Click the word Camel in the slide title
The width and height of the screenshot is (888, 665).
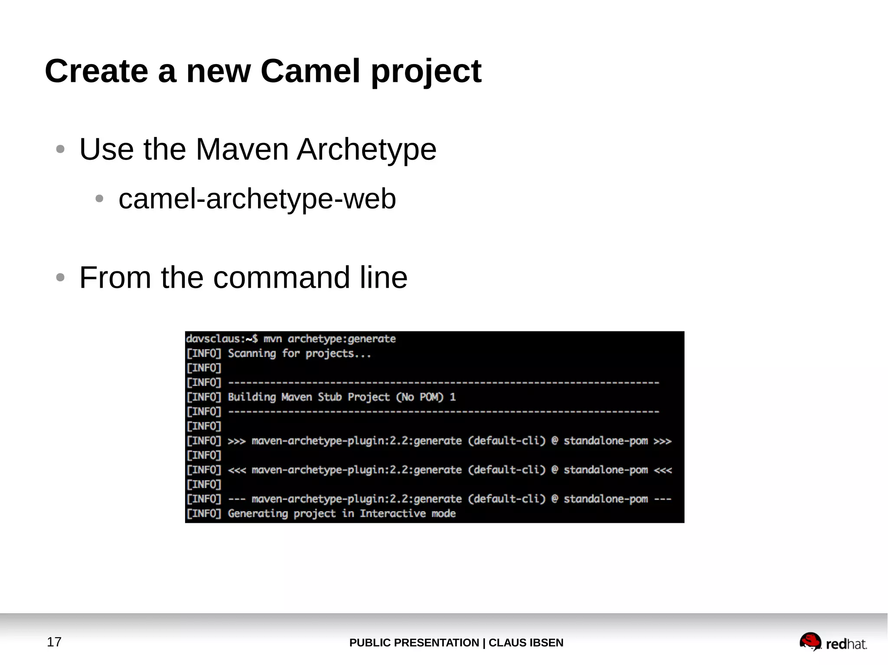point(310,71)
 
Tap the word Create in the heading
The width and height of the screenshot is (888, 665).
point(96,71)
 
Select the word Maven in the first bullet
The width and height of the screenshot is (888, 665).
point(242,149)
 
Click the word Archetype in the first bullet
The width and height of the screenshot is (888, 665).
point(366,149)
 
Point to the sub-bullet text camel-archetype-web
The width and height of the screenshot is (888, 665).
point(257,199)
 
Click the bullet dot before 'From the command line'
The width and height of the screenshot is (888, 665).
point(60,277)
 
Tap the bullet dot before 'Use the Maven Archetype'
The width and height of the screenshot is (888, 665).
point(60,149)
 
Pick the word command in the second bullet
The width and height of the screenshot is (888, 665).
point(281,277)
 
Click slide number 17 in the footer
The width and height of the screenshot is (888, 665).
point(54,642)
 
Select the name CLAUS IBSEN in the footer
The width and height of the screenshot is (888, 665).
point(526,642)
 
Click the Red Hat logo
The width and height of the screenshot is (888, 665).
point(833,642)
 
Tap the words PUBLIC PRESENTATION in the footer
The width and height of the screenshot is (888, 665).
point(414,642)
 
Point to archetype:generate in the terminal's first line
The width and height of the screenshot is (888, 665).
point(342,339)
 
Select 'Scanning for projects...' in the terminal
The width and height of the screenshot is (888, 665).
point(299,354)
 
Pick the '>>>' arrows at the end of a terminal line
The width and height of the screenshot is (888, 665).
point(662,441)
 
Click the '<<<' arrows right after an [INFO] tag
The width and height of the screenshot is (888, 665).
point(237,470)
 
